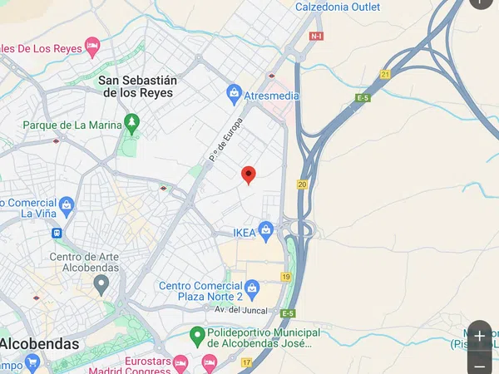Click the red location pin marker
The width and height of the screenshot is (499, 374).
tap(248, 175)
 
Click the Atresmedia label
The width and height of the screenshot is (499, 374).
tap(271, 96)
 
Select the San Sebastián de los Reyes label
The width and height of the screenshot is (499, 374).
tap(138, 86)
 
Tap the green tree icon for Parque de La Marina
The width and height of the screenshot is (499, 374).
tap(131, 124)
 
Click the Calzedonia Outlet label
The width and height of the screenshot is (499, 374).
tap(338, 7)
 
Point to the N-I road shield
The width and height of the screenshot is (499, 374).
tap(316, 37)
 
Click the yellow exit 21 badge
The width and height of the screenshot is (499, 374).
tap(385, 74)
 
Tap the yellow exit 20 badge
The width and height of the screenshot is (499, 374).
tap(302, 185)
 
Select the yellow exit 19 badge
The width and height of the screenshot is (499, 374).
tap(286, 277)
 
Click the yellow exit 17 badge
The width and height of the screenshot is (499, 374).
tap(247, 362)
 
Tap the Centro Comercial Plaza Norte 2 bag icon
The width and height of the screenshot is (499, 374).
tap(253, 288)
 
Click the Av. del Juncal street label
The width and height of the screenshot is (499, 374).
tap(241, 311)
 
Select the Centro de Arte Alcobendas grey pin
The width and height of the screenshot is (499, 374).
tap(101, 285)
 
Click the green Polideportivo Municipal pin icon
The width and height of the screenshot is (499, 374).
tap(197, 337)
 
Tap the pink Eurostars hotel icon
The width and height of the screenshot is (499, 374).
tap(210, 362)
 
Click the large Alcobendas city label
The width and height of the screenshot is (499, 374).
tap(40, 343)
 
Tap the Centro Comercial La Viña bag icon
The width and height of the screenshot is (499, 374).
tap(67, 204)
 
